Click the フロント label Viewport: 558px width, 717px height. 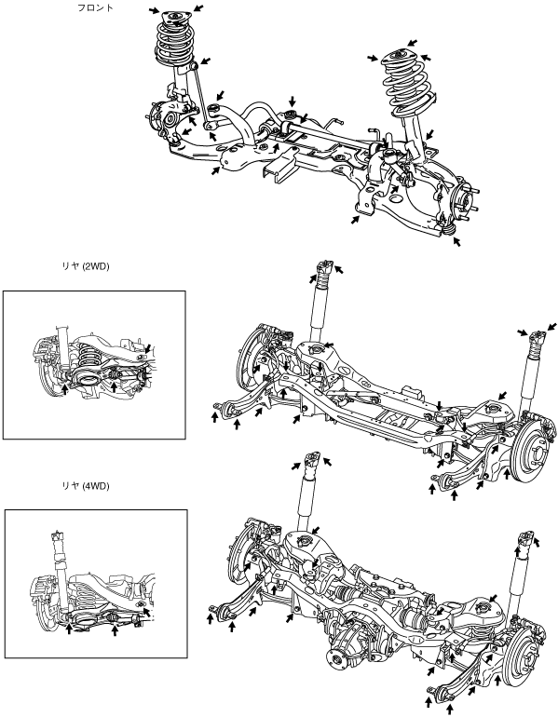pos(95,7)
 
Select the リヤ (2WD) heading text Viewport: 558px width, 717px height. pos(86,266)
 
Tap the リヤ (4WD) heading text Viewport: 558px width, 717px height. pos(86,486)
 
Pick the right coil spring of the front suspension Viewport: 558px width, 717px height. pos(407,87)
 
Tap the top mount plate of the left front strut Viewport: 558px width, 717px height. pos(175,20)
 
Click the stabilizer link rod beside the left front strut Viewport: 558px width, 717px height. pos(200,95)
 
